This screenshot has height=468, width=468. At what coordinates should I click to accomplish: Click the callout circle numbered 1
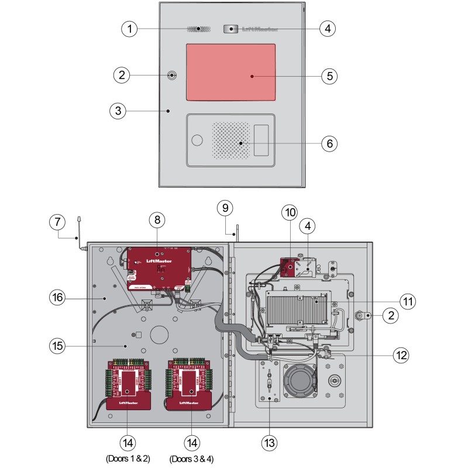[130, 28]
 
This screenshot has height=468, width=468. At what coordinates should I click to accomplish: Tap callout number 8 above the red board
[157, 220]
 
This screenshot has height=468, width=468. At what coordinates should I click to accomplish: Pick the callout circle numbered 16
[58, 298]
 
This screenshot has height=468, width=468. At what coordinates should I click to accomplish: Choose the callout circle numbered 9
[225, 207]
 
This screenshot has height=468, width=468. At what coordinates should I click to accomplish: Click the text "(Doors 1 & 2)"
[127, 458]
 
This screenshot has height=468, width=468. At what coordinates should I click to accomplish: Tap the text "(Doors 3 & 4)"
[191, 458]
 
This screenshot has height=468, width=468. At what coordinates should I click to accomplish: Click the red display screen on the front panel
[230, 72]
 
